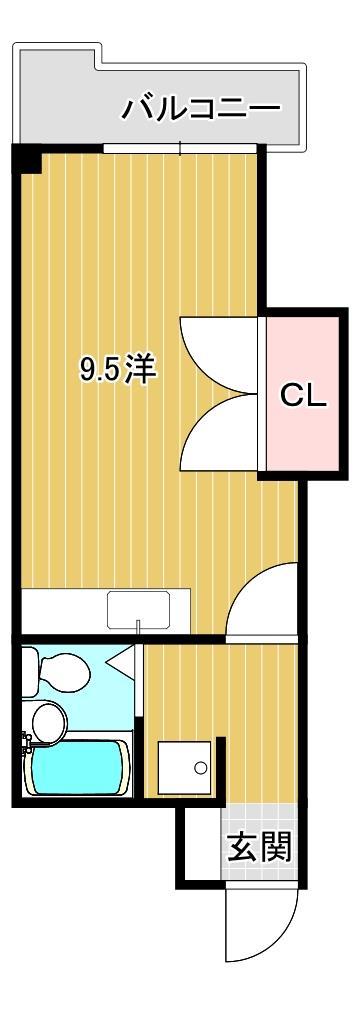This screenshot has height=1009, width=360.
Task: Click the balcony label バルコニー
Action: click(x=201, y=108)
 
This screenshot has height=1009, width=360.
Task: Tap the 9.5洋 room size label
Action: click(x=118, y=370)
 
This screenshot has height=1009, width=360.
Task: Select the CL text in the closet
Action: click(x=301, y=396)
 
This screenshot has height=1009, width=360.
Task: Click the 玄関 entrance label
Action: click(x=259, y=848)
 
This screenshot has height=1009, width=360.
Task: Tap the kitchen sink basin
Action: click(x=139, y=607)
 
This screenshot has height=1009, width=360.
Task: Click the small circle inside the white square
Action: click(x=200, y=768)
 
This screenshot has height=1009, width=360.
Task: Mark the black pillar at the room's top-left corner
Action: click(x=26, y=159)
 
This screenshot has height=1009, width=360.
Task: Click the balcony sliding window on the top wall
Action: click(x=180, y=149)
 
